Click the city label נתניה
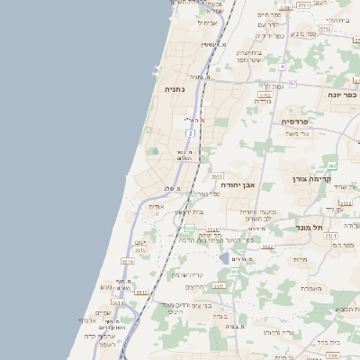(174, 90)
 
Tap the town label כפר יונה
(345, 93)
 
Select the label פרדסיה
(294, 121)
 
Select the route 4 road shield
(282, 67)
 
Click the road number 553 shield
(189, 229)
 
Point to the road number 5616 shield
(127, 261)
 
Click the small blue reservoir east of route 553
(224, 257)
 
